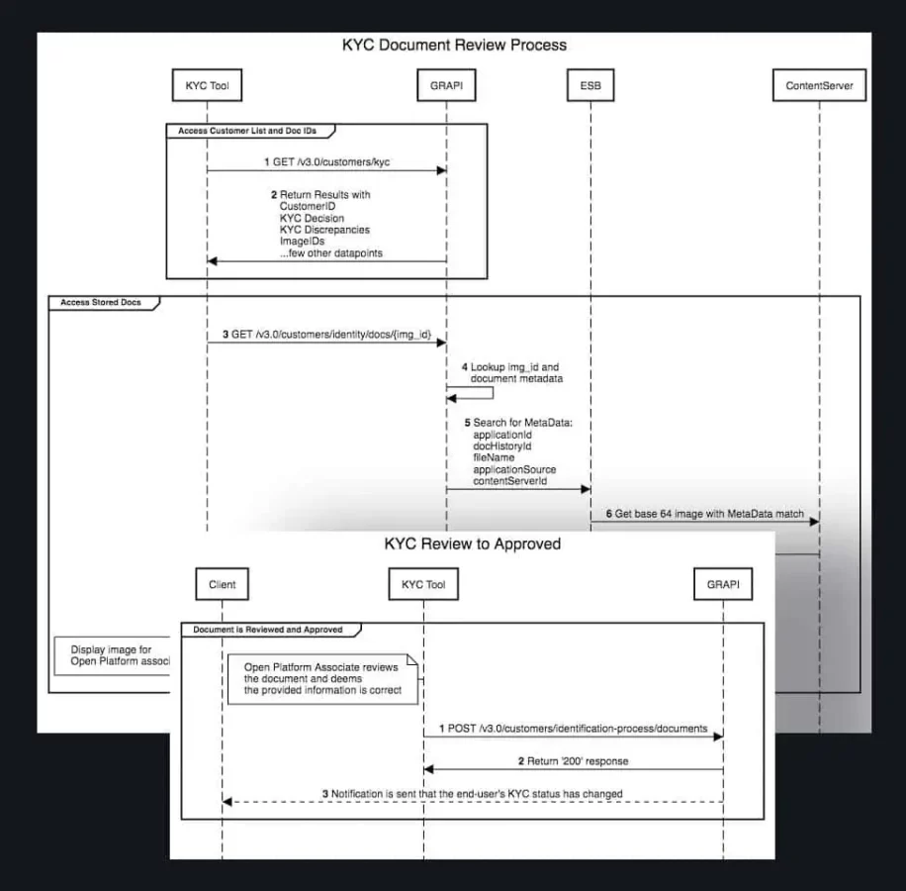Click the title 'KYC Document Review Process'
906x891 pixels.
(454, 45)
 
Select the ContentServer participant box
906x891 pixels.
(819, 87)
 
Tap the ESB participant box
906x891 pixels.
(589, 87)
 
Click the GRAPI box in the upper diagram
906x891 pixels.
(446, 87)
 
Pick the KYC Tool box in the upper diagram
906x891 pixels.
(207, 87)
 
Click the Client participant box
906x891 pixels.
(223, 584)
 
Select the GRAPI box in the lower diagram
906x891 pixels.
(723, 584)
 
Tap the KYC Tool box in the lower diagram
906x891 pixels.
(423, 584)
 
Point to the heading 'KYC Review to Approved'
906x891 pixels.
(472, 544)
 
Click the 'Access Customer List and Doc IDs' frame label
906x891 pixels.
(247, 131)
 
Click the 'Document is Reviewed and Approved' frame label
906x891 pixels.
(268, 629)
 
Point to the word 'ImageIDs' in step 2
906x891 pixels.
(303, 241)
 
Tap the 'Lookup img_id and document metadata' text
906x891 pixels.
(514, 372)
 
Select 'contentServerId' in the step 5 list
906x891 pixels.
(510, 480)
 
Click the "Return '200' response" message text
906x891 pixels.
(573, 760)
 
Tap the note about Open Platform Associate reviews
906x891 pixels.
(322, 678)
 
